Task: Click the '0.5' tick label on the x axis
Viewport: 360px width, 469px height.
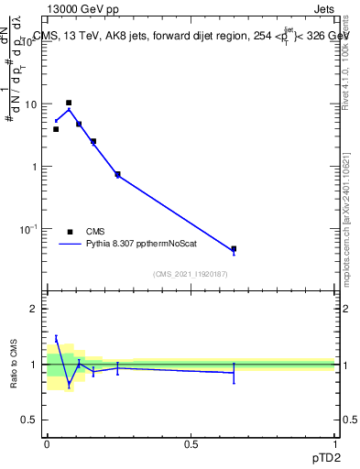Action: pyautogui.click(x=191, y=443)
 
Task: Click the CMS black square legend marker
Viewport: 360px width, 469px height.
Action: pyautogui.click(x=70, y=232)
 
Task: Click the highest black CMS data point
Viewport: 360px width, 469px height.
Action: pyautogui.click(x=69, y=103)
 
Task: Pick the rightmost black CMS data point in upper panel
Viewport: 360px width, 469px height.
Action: pyautogui.click(x=234, y=249)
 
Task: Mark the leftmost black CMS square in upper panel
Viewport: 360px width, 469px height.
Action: pyautogui.click(x=56, y=129)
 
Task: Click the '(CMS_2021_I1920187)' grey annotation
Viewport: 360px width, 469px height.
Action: pyautogui.click(x=190, y=274)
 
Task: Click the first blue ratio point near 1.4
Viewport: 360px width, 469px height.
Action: pyautogui.click(x=56, y=339)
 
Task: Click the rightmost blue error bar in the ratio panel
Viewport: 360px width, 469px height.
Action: pyautogui.click(x=234, y=372)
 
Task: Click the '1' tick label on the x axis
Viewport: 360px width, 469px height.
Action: pyautogui.click(x=334, y=443)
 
